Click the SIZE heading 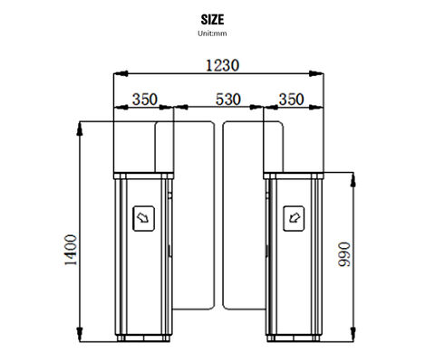pos(212,18)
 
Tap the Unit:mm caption pos(212,33)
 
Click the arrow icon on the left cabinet pos(142,217)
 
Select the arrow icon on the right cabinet pos(293,217)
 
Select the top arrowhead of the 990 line pos(353,175)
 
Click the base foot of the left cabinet pos(141,339)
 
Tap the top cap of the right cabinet pos(294,171)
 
